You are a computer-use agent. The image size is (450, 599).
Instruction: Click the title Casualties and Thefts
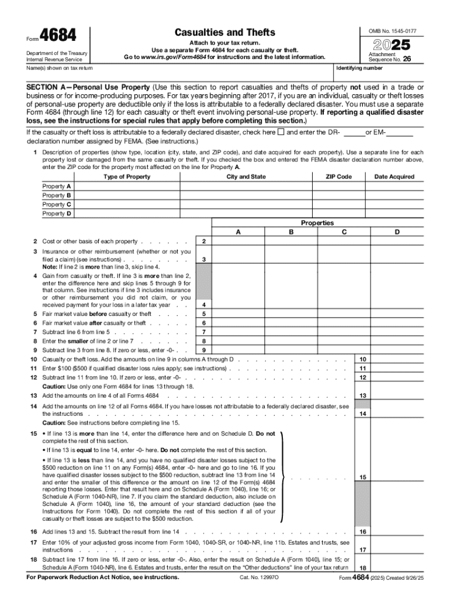pos(225,32)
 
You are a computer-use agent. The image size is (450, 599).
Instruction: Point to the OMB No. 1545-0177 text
pos(396,30)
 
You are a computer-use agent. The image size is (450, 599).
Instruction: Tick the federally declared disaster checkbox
pos(281,132)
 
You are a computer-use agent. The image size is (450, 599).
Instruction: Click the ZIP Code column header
pos(339,177)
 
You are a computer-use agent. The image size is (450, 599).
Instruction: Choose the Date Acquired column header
pos(394,177)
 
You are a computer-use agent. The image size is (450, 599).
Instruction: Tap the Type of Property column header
pos(126,177)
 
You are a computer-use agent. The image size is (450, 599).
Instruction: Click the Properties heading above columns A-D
pos(317,223)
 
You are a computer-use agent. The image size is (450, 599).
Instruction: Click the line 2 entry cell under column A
pos(238,242)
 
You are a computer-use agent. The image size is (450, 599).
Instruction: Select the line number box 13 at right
pos(363,396)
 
